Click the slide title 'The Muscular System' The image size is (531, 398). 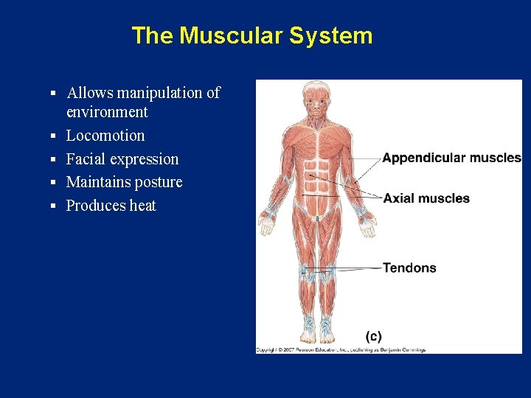[251, 35]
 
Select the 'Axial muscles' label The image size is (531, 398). [426, 198]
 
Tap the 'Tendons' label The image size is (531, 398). [409, 268]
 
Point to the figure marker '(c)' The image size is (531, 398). [374, 336]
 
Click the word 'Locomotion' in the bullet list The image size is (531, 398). [105, 136]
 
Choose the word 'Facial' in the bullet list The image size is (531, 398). [86, 159]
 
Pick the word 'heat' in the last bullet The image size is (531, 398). [142, 206]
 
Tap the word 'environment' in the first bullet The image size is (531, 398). [107, 112]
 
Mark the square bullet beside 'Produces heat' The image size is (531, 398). [54, 206]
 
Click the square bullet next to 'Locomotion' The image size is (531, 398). [54, 136]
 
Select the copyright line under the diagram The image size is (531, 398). [341, 349]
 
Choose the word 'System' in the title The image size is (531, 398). [332, 35]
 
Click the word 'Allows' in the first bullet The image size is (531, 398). [89, 93]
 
